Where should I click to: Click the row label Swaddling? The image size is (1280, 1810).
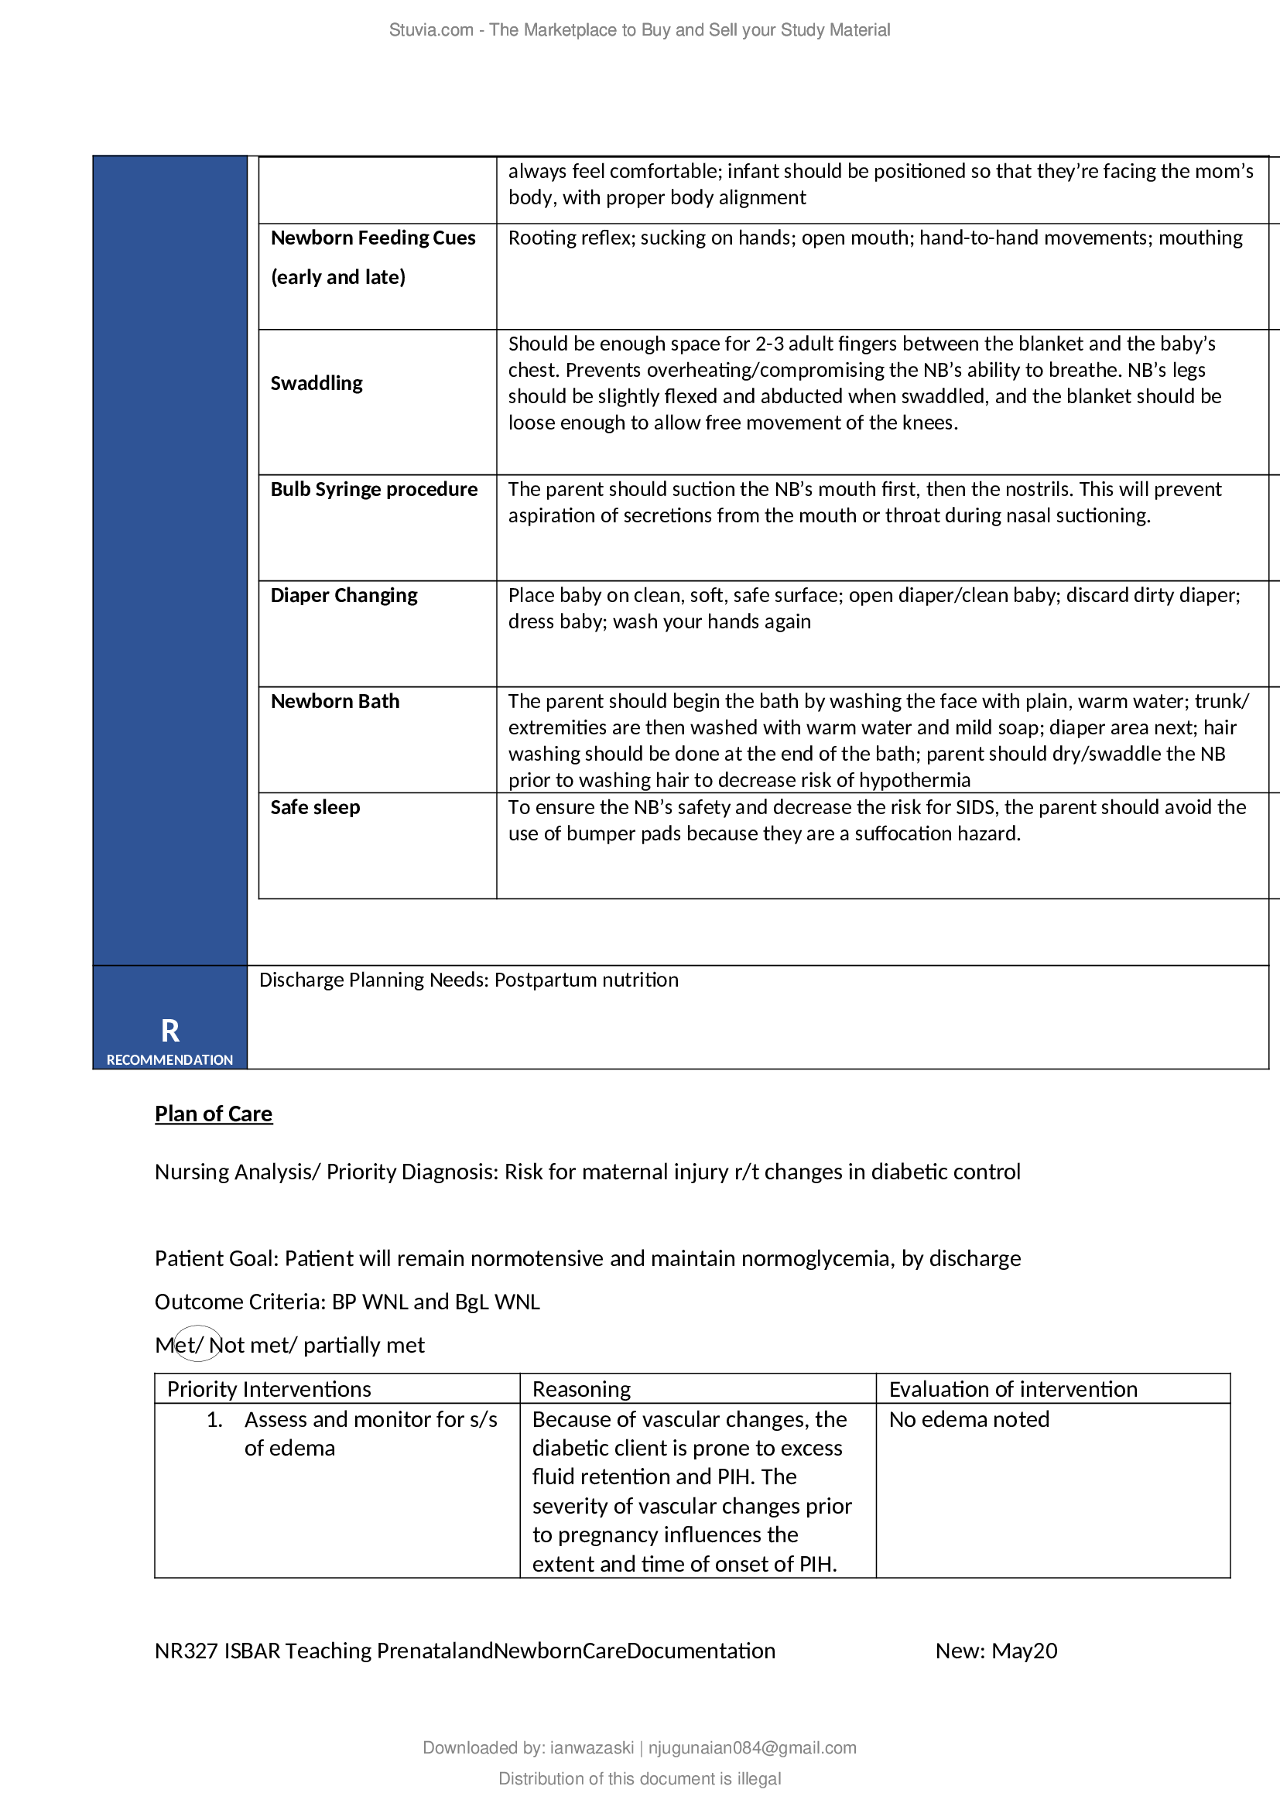(316, 383)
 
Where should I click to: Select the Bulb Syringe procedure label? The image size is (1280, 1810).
(374, 489)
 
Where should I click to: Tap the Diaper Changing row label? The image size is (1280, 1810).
(344, 595)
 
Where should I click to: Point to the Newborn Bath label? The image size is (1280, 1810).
(335, 701)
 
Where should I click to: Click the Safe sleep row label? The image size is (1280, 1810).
(315, 807)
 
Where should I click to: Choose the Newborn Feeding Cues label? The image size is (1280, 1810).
(373, 238)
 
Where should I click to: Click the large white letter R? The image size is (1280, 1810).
(169, 1030)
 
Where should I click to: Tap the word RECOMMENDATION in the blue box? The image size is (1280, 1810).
(169, 1059)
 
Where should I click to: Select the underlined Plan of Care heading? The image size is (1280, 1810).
(214, 1113)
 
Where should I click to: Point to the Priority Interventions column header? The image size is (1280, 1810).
(269, 1389)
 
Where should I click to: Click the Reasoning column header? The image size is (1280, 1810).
(582, 1389)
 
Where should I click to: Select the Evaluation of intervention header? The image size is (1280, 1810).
(1013, 1389)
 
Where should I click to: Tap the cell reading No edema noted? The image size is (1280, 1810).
(969, 1419)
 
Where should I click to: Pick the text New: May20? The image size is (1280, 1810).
(996, 1651)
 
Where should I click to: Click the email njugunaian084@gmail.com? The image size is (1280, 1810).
(752, 1748)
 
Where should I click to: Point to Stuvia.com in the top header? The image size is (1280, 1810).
(431, 30)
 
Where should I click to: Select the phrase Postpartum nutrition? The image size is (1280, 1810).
(586, 980)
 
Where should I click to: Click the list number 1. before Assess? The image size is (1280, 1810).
(214, 1420)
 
